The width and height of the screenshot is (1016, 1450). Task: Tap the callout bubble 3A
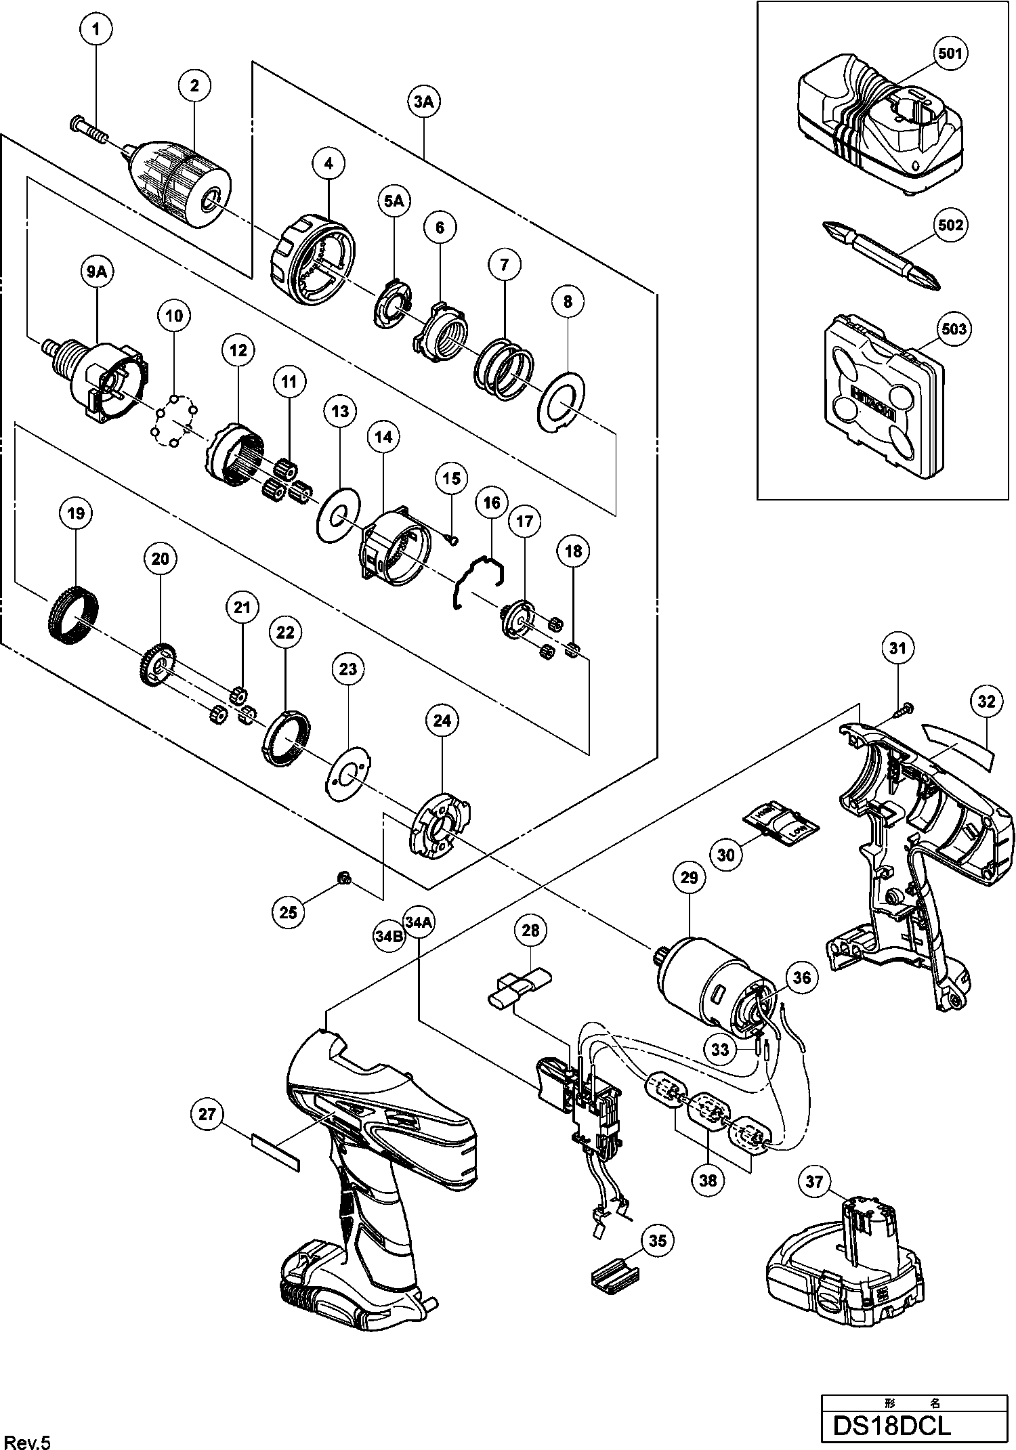coord(423,102)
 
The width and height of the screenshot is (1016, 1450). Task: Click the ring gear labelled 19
coord(70,612)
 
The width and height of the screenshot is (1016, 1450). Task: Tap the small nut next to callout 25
coord(344,879)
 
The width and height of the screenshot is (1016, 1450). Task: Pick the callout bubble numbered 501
coord(950,53)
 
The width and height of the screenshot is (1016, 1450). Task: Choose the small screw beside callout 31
coord(905,711)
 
